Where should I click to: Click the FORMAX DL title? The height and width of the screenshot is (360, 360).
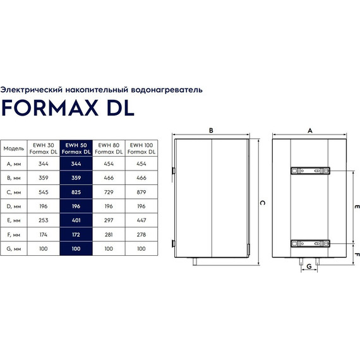click(x=68, y=108)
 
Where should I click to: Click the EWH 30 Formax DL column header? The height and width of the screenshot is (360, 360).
click(x=42, y=148)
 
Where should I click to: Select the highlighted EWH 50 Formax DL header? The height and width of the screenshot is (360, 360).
click(x=76, y=148)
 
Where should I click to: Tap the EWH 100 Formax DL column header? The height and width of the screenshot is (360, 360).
click(x=142, y=148)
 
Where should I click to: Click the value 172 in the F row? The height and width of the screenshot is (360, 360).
click(x=76, y=234)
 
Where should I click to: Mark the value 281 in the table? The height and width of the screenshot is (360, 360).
click(x=109, y=234)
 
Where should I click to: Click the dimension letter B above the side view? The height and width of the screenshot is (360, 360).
click(x=212, y=130)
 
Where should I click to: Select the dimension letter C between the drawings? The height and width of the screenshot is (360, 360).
click(x=261, y=203)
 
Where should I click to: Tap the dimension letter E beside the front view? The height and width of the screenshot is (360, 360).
click(x=356, y=207)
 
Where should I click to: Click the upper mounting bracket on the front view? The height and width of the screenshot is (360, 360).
click(x=309, y=170)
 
